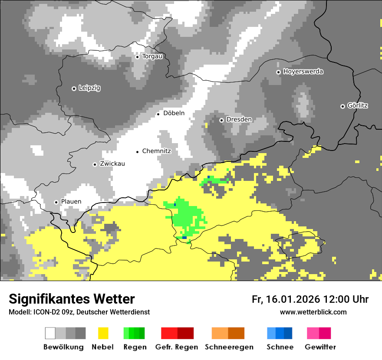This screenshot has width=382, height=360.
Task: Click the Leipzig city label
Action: pos(89,88)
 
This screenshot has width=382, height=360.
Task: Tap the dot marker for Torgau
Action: pos(137,57)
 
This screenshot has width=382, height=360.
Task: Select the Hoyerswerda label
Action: pos(303,72)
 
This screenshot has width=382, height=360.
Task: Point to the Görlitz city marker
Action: pos(342,106)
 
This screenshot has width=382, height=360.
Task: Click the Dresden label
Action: pos(239,120)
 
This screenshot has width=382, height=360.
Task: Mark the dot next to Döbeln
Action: pos(158,114)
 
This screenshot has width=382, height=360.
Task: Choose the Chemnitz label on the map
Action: pos(156,151)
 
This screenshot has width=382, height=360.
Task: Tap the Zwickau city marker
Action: pos(95,164)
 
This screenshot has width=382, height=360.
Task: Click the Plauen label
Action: pos(71,202)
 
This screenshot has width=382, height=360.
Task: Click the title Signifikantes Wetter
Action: pos(72,299)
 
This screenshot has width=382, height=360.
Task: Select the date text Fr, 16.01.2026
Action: pos(286,300)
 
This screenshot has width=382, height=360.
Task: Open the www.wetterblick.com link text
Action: pos(313,312)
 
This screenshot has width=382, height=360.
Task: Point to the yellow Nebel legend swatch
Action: pos(103,333)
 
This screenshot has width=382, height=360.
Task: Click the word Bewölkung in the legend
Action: pos(63,347)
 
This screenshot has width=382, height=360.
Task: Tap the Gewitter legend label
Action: pos(320,347)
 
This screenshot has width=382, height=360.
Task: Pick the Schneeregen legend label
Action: pos(229,347)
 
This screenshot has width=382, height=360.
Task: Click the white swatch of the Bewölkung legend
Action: pos(50,333)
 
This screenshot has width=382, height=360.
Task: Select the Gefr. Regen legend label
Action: pos(176,347)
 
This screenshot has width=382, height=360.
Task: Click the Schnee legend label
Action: pos(280,347)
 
